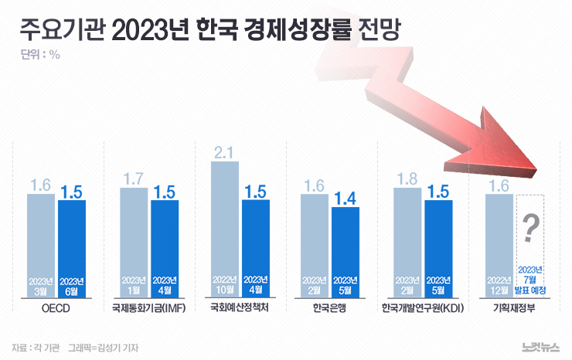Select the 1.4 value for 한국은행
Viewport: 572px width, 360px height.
(x=346, y=198)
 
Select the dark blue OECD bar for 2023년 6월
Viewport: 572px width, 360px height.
(x=71, y=247)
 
